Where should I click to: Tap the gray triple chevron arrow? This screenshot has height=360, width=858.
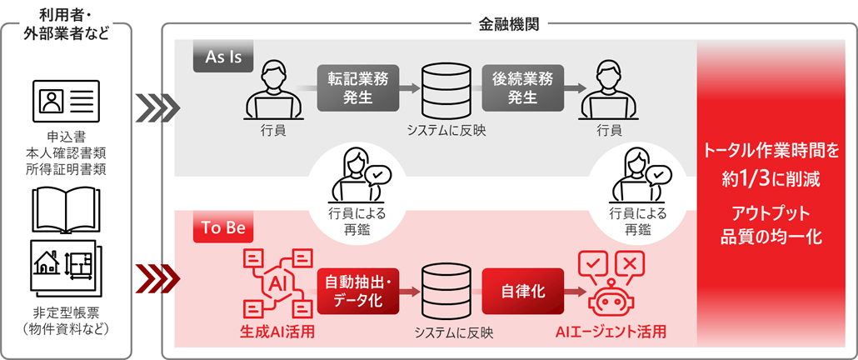[157, 107]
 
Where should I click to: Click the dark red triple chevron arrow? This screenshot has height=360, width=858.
[157, 275]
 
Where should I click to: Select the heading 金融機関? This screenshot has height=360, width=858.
[509, 24]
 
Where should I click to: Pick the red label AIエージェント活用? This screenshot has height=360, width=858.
[611, 332]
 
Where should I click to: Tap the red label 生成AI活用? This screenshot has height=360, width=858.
[278, 332]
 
